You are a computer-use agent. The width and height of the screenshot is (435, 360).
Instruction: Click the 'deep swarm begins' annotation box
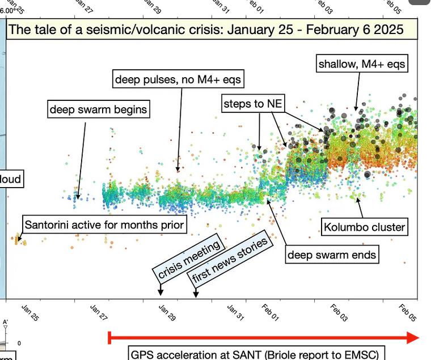pyautogui.click(x=98, y=109)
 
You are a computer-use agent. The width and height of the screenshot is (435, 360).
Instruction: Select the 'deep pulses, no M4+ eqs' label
pyautogui.click(x=179, y=79)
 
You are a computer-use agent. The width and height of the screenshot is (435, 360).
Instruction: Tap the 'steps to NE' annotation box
pyautogui.click(x=252, y=103)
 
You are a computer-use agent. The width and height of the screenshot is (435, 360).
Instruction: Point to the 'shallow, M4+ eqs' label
pyautogui.click(x=362, y=64)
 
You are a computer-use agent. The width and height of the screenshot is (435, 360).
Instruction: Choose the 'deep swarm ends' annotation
pyautogui.click(x=332, y=255)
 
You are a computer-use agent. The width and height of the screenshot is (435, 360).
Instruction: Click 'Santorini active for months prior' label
pyautogui.click(x=104, y=225)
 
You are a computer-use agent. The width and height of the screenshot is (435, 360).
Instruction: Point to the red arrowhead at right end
pyautogui.click(x=412, y=338)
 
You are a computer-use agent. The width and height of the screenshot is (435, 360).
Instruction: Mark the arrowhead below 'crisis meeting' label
pyautogui.click(x=161, y=293)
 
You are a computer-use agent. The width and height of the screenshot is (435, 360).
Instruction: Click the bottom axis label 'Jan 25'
pyautogui.click(x=31, y=314)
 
